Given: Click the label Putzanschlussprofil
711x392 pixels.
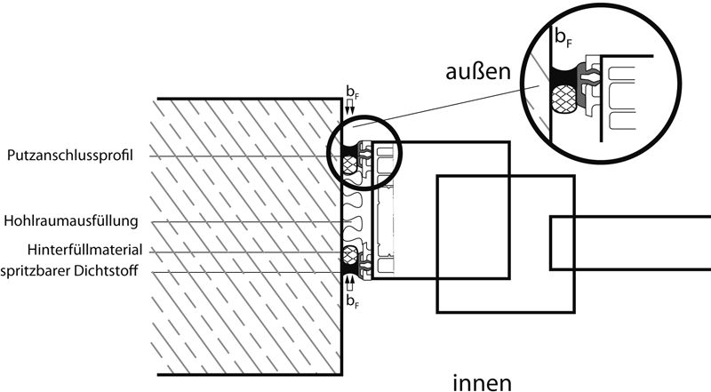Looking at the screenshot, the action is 70,156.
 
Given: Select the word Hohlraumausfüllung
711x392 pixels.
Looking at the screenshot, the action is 71,221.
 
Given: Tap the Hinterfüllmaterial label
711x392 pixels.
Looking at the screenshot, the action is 84,250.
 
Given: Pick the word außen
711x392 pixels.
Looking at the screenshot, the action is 478,72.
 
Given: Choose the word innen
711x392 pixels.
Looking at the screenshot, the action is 483,382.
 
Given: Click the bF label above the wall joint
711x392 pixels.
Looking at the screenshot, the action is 352,92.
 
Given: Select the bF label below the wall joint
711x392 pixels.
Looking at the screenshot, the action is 352,301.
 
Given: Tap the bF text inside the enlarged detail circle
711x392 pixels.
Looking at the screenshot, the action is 563,37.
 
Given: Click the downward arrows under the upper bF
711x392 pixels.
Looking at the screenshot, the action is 349,108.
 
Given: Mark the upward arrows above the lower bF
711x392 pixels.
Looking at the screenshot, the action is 349,285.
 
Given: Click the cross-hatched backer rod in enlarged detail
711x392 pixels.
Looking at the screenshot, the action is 563,100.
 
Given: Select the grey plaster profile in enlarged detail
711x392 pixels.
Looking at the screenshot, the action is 581,89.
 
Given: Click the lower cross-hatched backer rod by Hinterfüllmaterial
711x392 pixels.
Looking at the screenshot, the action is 348,256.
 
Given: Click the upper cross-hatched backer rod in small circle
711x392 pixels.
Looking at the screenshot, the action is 348,164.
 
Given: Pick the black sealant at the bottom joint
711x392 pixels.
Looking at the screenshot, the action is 348,269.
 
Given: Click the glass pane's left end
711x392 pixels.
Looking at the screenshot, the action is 551,244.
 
